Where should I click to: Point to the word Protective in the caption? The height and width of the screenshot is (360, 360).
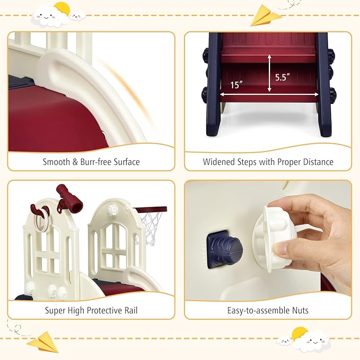coord(107,310)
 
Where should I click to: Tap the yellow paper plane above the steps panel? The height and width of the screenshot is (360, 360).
coord(265,15)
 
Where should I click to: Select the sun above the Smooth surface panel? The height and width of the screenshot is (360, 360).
coord(62,8)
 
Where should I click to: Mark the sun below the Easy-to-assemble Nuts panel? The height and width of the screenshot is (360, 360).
coord(300,335)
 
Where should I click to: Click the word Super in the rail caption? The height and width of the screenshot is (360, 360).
coord(56,310)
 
